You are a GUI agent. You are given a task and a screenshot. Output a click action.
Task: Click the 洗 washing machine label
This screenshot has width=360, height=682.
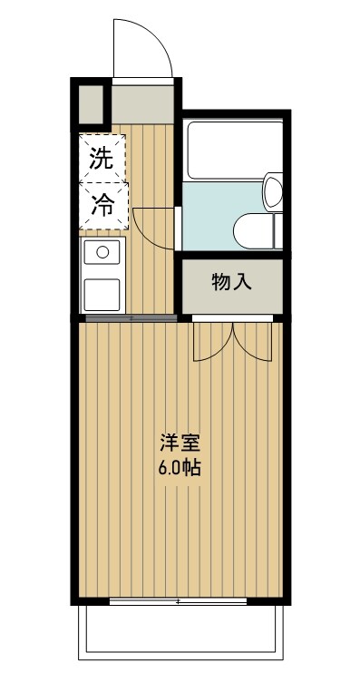point(101,159)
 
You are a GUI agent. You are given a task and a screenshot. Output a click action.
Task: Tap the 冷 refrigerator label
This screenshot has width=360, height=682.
point(101,206)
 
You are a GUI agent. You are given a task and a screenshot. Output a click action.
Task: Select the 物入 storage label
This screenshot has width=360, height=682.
point(231,282)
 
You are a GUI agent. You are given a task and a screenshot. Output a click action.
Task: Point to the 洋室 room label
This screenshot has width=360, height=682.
point(180,444)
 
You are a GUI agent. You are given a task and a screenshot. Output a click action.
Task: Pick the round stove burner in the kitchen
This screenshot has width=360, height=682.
point(102,252)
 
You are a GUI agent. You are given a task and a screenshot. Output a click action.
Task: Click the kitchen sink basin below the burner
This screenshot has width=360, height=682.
point(102,293)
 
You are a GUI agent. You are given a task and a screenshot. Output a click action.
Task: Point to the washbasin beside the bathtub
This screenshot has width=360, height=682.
point(272,193)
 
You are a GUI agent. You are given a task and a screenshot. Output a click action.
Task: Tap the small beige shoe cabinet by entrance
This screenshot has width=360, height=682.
point(91,104)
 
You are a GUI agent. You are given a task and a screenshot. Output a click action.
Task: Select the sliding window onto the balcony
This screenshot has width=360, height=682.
point(178,601)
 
